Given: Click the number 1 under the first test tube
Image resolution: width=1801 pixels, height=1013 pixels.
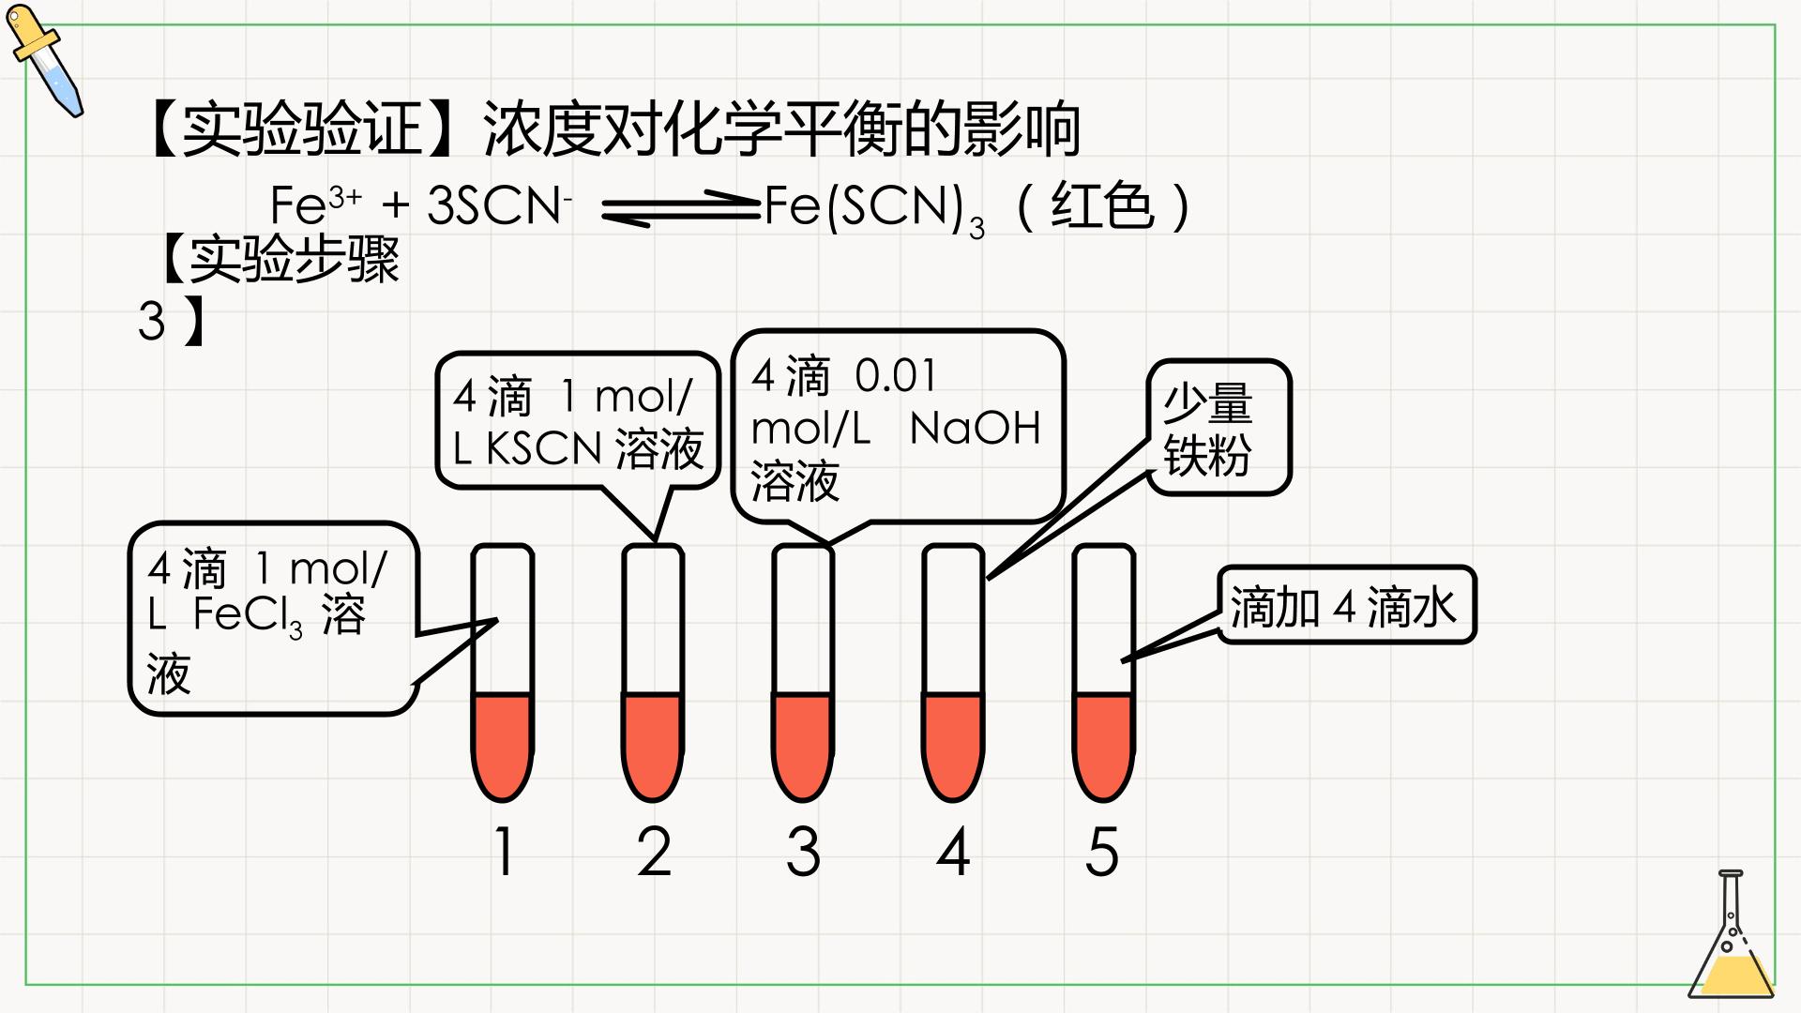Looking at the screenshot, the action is (x=505, y=852).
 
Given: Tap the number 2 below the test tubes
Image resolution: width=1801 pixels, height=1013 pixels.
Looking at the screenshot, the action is (x=654, y=852).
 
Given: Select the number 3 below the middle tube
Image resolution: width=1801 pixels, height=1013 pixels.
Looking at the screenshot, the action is (x=803, y=852).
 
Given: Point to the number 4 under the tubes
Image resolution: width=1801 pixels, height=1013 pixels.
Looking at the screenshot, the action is (x=953, y=852).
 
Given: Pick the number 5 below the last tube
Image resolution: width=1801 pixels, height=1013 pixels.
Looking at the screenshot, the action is (x=1102, y=852).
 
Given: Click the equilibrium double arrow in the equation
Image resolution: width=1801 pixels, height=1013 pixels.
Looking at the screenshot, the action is (x=680, y=208).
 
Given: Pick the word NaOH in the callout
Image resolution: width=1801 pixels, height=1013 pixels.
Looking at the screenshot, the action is (x=976, y=429).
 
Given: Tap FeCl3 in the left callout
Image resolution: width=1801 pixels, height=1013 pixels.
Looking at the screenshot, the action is (x=249, y=616).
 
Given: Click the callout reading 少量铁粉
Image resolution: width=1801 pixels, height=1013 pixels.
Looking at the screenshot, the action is (x=1219, y=428).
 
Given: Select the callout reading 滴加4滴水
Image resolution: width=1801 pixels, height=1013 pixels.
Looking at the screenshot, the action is (x=1347, y=605).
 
